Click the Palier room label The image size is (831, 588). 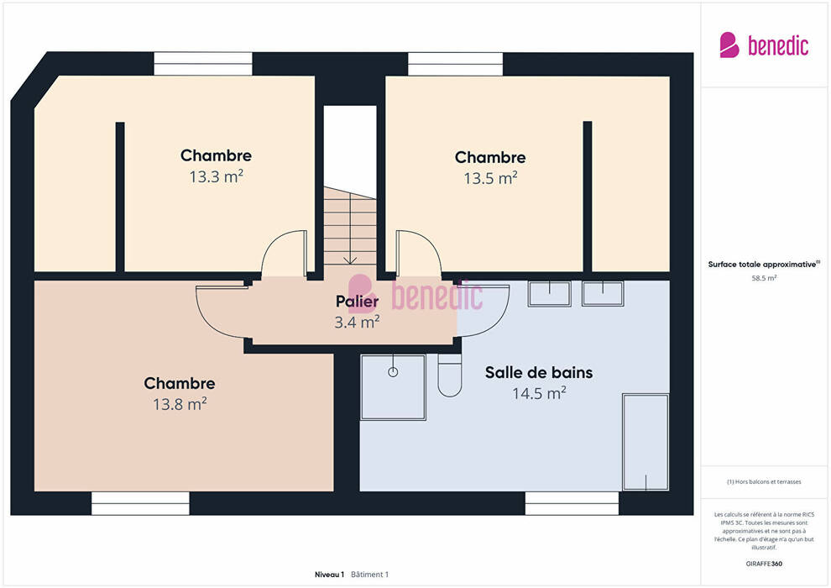click(358, 302)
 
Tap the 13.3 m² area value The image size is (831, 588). click(217, 176)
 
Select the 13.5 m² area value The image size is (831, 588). click(490, 178)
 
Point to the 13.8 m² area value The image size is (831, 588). click(180, 404)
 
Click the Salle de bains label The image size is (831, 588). click(539, 372)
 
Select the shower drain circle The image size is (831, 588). click(393, 371)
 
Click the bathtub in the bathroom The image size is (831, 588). click(645, 442)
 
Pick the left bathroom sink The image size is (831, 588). click(550, 294)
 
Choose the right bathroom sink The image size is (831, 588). click(603, 294)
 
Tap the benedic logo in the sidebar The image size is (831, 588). click(764, 45)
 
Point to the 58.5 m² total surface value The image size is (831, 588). click(764, 278)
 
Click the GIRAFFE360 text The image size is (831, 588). click(764, 564)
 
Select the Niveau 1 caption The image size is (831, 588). click(329, 575)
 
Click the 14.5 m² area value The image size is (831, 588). click(539, 393)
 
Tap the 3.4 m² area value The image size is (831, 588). click(358, 322)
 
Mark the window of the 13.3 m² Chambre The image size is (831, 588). click(203, 64)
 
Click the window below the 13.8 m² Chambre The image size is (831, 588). click(140, 503)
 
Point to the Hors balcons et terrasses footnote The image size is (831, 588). click(764, 481)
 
